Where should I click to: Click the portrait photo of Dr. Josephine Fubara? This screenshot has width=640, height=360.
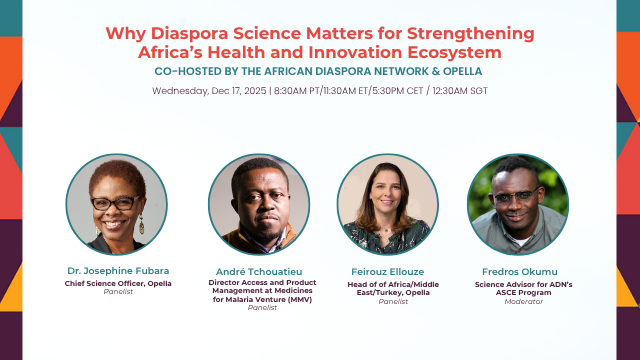tap(115, 204)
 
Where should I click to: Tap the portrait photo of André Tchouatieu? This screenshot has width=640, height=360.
tap(259, 204)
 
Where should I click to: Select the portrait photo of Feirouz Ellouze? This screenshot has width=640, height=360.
tap(387, 204)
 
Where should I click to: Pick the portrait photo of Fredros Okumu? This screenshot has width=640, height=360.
tap(518, 204)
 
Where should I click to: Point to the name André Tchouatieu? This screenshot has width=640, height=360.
tap(259, 271)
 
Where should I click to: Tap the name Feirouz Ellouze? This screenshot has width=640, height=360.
tap(387, 271)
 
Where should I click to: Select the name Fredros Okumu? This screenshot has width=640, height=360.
tap(518, 271)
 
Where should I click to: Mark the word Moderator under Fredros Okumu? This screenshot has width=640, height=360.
tap(518, 300)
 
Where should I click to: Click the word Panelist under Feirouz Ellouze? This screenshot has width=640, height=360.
tap(387, 300)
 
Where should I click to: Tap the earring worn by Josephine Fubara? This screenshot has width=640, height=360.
tap(141, 222)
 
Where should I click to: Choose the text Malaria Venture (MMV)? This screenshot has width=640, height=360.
tap(259, 298)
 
